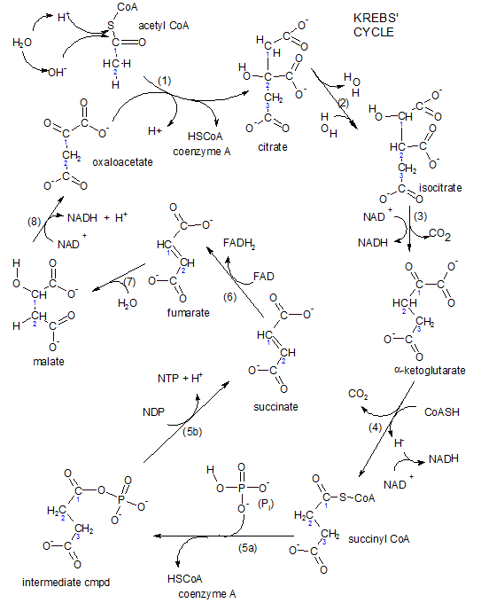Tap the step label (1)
click(x=164, y=81)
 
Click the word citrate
click(x=273, y=146)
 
